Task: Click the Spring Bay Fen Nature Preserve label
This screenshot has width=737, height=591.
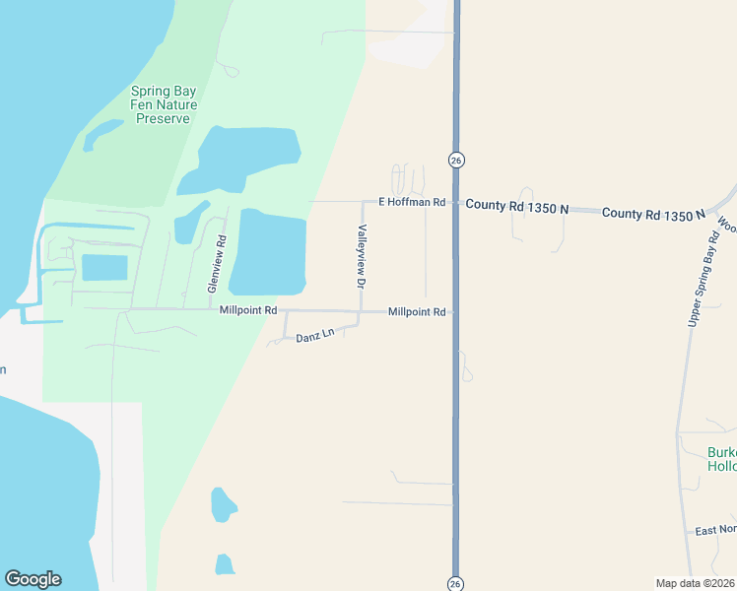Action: pyautogui.click(x=165, y=104)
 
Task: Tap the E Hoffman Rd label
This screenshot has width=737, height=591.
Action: pyautogui.click(x=413, y=202)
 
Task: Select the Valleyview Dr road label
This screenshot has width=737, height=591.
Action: pyautogui.click(x=362, y=256)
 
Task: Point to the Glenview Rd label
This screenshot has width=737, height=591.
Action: pyautogui.click(x=217, y=264)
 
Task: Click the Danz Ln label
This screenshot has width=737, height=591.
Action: pyautogui.click(x=315, y=337)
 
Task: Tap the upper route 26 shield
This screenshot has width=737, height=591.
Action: pyautogui.click(x=455, y=160)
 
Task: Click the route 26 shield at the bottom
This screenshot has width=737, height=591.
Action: pyautogui.click(x=455, y=581)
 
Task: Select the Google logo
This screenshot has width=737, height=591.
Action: pyautogui.click(x=33, y=579)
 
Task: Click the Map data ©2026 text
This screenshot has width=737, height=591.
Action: pyautogui.click(x=695, y=583)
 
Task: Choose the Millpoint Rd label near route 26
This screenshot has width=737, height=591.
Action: pyautogui.click(x=417, y=311)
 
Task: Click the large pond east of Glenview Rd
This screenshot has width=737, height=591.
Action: pyautogui.click(x=268, y=252)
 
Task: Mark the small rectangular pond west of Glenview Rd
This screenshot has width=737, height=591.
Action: pyautogui.click(x=104, y=267)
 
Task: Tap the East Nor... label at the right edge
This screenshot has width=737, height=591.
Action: pyautogui.click(x=715, y=530)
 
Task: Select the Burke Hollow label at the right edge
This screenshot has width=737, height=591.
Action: pyautogui.click(x=722, y=460)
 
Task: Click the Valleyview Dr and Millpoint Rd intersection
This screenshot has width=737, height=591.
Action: pyautogui.click(x=361, y=311)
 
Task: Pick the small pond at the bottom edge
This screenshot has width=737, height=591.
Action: pyautogui.click(x=225, y=564)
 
